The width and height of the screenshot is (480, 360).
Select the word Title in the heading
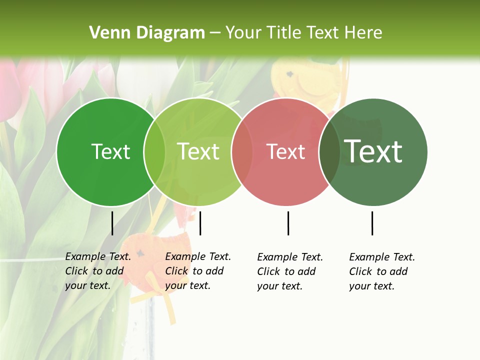(284, 33)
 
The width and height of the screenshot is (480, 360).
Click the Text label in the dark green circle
(110, 151)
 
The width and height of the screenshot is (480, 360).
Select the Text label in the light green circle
(198, 151)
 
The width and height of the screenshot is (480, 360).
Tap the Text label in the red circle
(285, 151)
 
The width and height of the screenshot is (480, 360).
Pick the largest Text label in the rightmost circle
(373, 151)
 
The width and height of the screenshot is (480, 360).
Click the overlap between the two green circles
(154, 152)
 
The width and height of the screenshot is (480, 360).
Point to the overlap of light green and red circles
(242, 152)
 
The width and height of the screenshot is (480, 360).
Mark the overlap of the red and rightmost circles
(329, 152)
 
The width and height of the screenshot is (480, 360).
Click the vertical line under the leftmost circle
(112, 223)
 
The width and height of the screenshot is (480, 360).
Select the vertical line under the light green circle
(200, 223)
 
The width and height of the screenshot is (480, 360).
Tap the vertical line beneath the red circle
(288, 223)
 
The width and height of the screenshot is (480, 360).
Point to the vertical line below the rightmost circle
(372, 223)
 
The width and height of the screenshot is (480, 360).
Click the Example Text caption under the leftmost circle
(97, 271)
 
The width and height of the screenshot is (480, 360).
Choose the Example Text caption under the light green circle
(197, 271)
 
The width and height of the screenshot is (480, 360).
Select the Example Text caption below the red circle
(289, 271)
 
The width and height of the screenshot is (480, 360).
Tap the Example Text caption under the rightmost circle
(381, 271)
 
